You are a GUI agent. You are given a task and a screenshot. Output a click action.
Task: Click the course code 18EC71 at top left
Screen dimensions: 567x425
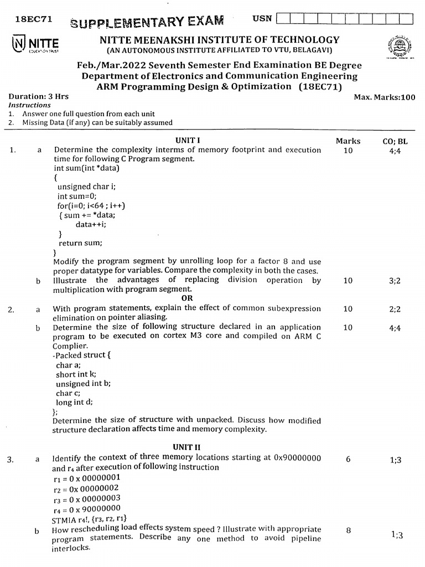tap(33, 19)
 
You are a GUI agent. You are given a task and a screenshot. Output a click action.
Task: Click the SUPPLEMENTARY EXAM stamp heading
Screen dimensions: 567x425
tap(147, 22)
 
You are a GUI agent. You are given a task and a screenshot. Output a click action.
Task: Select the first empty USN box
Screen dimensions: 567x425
tap(282, 19)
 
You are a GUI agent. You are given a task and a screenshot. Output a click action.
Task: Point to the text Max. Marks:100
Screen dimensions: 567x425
tap(385, 97)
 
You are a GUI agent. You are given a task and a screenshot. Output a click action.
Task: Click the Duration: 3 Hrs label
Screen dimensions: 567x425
tap(39, 96)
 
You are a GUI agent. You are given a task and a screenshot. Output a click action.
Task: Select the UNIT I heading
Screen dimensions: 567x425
tap(188, 141)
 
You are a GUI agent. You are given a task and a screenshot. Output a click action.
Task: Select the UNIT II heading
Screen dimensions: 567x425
tap(186, 447)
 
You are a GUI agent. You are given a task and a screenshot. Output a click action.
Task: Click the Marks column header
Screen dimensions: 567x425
tap(348, 141)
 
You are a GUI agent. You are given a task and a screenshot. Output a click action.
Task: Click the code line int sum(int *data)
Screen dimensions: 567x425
tap(87, 168)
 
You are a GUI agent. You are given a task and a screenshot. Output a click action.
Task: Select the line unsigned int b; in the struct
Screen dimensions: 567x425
tap(83, 383)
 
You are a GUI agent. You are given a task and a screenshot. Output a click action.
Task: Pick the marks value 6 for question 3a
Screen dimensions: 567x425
tap(348, 458)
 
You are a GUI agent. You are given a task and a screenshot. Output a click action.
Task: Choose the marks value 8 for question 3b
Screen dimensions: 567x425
tap(348, 530)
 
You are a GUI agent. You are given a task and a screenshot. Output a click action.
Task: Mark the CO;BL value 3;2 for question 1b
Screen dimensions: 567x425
tap(395, 281)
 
